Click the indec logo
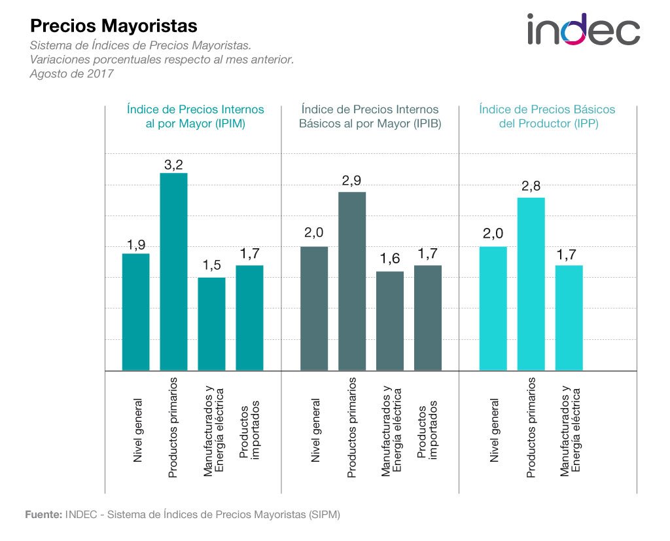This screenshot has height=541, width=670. click(584, 29)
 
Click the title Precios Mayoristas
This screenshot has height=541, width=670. click(114, 26)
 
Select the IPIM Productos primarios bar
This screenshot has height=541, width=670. click(173, 271)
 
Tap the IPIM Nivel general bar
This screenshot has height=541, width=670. click(135, 312)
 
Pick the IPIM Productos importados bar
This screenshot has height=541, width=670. click(249, 318)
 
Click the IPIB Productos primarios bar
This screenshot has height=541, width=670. click(352, 281)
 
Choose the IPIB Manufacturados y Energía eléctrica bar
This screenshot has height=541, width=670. click(390, 320)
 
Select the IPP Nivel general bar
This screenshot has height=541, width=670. click(493, 308)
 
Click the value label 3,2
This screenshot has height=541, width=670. click(173, 165)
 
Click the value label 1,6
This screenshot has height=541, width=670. click(390, 259)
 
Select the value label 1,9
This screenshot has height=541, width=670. click(135, 246)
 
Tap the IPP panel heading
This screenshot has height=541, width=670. click(547, 116)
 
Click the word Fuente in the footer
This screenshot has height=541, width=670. click(43, 514)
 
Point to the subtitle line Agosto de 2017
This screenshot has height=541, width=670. click(71, 73)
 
